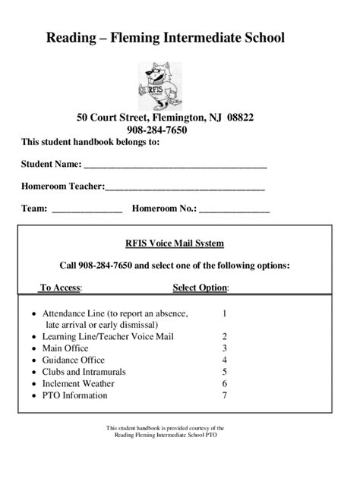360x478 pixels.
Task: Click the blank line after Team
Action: [87, 208]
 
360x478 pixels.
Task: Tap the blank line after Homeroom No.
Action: [234, 208]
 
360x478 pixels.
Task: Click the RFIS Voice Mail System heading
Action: [174, 244]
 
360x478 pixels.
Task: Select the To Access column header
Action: [61, 288]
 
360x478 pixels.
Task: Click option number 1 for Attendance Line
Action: [225, 313]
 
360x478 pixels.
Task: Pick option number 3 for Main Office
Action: [225, 348]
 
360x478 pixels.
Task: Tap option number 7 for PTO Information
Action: [225, 395]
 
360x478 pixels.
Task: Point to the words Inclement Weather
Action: [78, 384]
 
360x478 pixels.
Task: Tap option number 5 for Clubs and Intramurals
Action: [225, 372]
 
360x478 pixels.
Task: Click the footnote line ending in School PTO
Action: [165, 436]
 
